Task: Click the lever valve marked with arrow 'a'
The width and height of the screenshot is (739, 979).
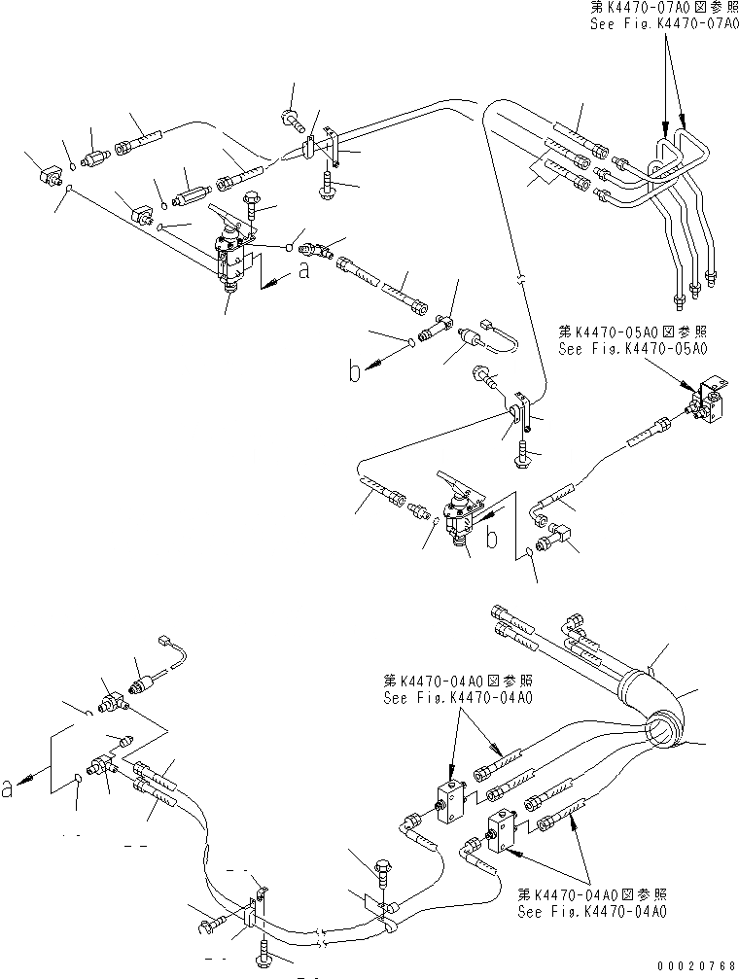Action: tap(233, 258)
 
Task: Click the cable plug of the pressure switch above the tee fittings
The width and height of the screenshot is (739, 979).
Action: tap(164, 642)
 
